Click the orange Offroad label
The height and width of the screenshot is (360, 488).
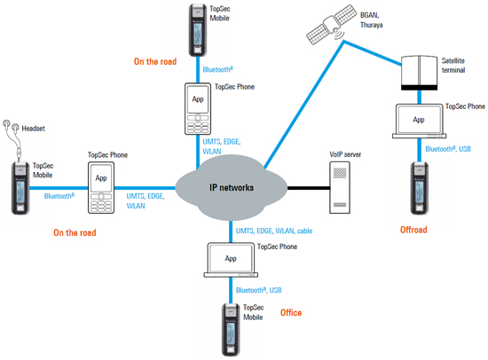tap(413, 231)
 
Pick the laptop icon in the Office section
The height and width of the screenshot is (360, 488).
tap(231, 260)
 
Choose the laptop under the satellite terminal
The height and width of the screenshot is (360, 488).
tap(418, 121)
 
